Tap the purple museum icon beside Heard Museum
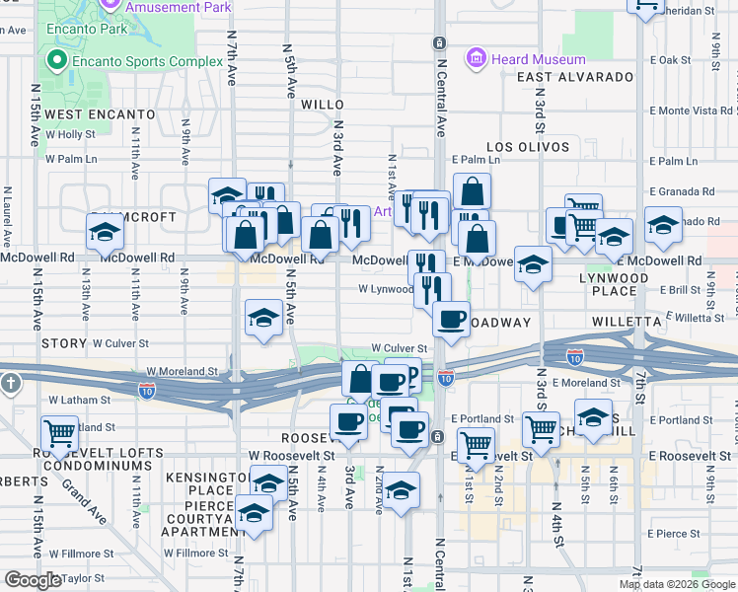tap(478, 58)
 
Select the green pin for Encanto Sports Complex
tap(56, 62)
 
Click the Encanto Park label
tap(87, 29)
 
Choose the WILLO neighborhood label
tap(322, 104)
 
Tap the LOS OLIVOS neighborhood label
tap(528, 147)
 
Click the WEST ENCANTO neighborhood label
tap(100, 114)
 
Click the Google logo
tap(32, 580)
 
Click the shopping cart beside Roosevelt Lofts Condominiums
tap(60, 432)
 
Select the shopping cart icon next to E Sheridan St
tap(645, 5)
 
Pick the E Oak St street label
tap(677, 60)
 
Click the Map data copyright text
tap(677, 584)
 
